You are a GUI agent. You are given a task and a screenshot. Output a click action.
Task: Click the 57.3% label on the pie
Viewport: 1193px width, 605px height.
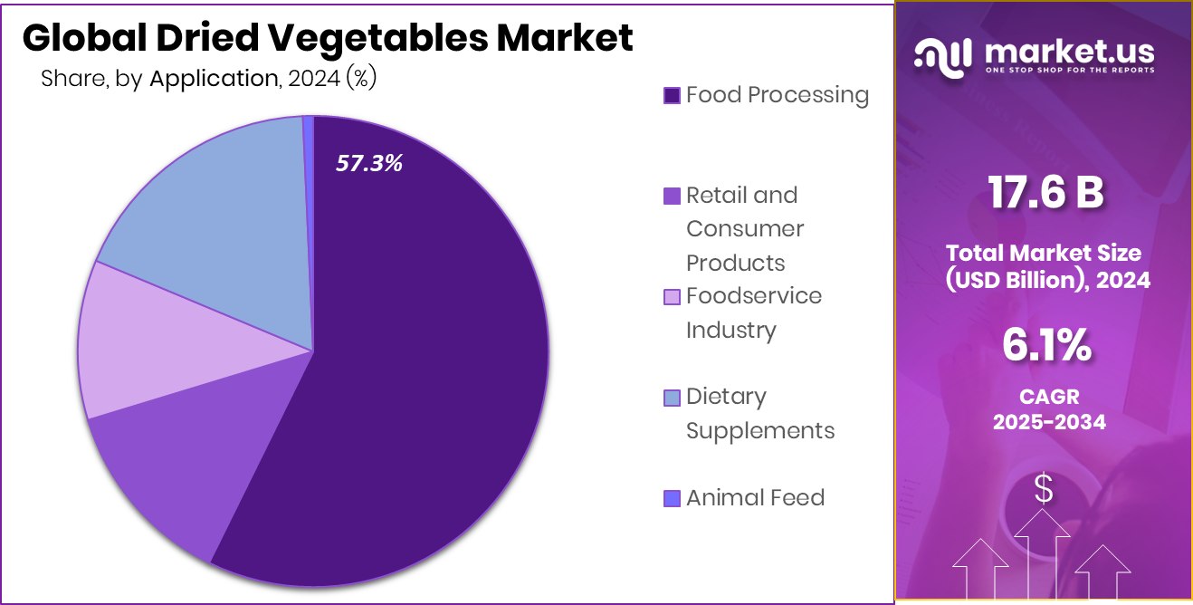tap(369, 163)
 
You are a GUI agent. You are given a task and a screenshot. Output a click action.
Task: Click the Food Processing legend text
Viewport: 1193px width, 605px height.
tap(777, 95)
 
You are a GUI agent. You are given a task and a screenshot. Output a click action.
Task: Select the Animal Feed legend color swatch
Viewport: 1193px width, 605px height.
tap(672, 498)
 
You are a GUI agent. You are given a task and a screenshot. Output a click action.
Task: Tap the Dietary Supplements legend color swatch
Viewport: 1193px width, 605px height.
tap(672, 398)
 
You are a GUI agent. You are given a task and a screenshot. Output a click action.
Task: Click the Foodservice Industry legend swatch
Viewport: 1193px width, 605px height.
tap(672, 297)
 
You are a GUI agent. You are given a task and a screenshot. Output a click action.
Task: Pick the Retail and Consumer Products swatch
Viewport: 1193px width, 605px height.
tap(672, 196)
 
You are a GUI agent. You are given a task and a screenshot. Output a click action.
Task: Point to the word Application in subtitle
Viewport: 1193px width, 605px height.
tap(213, 79)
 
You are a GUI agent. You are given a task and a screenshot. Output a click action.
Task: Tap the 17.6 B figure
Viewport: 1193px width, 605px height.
tap(1045, 193)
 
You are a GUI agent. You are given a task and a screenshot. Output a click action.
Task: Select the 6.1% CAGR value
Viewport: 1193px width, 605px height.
tap(1046, 345)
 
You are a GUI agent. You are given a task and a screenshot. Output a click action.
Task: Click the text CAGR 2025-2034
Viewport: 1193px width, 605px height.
tap(1048, 409)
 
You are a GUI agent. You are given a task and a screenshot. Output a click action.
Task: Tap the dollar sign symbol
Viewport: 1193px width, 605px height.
tap(1044, 491)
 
